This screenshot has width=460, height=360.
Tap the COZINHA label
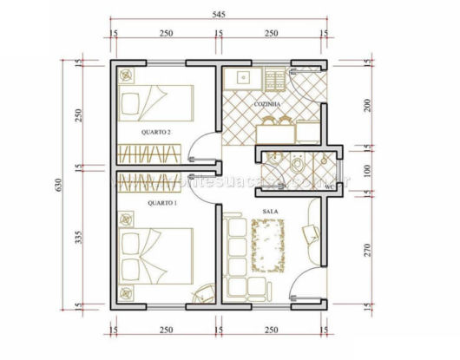pyautogui.click(x=267, y=104)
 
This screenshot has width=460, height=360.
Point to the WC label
pyautogui.click(x=329, y=187)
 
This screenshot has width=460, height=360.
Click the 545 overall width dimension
pyautogui.click(x=218, y=14)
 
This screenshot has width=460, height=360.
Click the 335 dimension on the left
pyautogui.click(x=79, y=239)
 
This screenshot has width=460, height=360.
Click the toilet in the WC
pyautogui.click(x=298, y=165)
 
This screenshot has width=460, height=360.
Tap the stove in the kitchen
pyautogui.click(x=276, y=80)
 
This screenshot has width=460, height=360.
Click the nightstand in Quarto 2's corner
pyautogui.click(x=129, y=75)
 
